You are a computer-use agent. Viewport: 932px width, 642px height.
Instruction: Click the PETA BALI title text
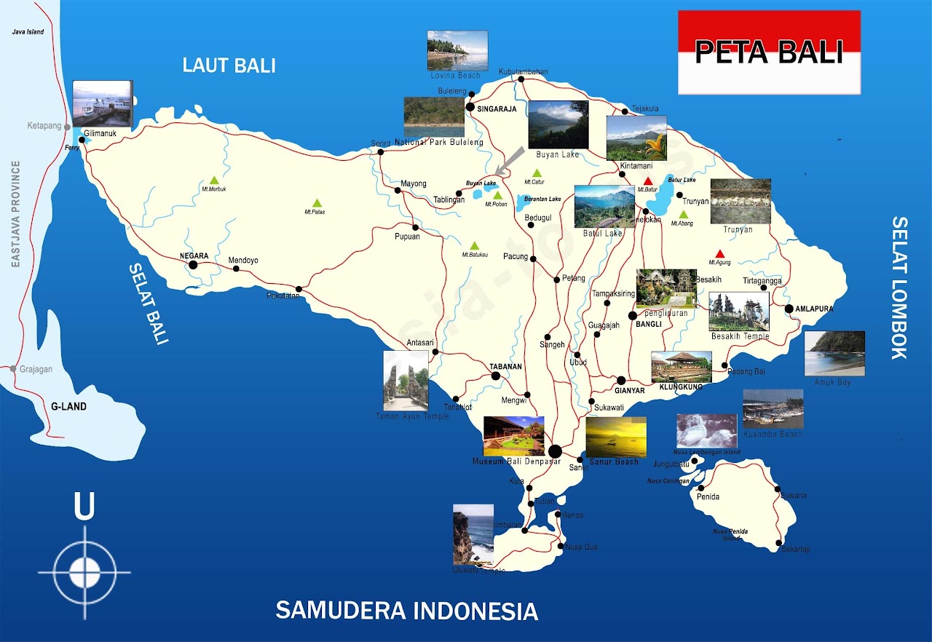click(769, 52)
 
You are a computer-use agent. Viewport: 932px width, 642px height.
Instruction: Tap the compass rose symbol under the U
click(84, 571)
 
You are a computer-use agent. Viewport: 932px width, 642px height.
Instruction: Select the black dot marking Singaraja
click(470, 108)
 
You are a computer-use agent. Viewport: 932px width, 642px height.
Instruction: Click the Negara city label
click(194, 256)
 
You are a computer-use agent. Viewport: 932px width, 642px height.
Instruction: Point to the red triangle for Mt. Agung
click(720, 254)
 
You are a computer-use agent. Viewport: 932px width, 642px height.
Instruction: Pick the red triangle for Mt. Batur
click(647, 181)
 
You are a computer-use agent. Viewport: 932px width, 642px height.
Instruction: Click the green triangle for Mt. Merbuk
click(214, 180)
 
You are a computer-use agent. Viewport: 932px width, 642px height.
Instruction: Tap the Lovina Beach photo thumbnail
click(457, 50)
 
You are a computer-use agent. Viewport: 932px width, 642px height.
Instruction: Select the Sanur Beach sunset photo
click(615, 437)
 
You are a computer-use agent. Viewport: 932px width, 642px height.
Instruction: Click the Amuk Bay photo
click(834, 353)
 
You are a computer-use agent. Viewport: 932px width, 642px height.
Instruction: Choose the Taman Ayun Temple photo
click(406, 381)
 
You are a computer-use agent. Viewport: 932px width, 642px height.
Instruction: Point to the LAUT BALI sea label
click(229, 66)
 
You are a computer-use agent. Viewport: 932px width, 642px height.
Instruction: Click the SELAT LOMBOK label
click(900, 288)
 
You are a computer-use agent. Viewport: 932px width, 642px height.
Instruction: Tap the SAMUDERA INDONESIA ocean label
click(406, 610)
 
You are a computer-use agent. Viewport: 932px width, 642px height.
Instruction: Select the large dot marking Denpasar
click(555, 451)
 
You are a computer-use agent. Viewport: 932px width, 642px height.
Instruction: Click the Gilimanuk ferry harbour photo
click(103, 104)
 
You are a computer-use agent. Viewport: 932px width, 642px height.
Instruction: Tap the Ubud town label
click(578, 362)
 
